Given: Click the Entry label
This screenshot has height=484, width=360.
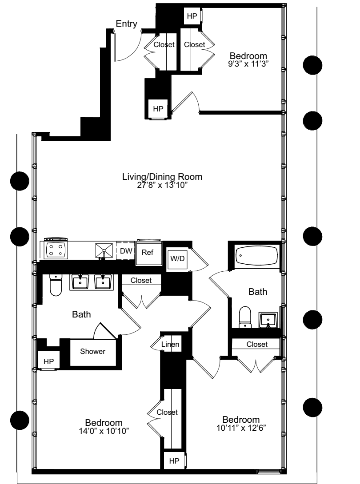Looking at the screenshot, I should [x=126, y=24].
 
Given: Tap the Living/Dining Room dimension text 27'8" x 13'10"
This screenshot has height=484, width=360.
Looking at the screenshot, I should [x=162, y=185].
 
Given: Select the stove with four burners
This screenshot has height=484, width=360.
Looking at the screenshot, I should [x=56, y=249].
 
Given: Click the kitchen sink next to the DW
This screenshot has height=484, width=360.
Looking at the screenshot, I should [x=104, y=250].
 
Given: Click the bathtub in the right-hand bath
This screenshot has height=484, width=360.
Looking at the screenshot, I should [x=256, y=256].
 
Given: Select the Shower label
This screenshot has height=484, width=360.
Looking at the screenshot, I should [x=93, y=352].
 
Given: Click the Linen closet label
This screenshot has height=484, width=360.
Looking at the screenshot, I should [x=170, y=345].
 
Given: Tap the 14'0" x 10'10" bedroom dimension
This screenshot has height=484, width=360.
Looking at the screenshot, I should [x=104, y=430].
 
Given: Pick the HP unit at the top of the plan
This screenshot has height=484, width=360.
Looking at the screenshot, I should [x=192, y=16].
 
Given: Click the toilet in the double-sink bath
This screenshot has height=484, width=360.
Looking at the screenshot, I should [x=56, y=284].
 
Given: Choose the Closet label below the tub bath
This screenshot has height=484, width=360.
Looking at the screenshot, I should [x=257, y=344].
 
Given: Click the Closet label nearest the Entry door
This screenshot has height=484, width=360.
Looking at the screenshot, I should [x=164, y=44].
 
